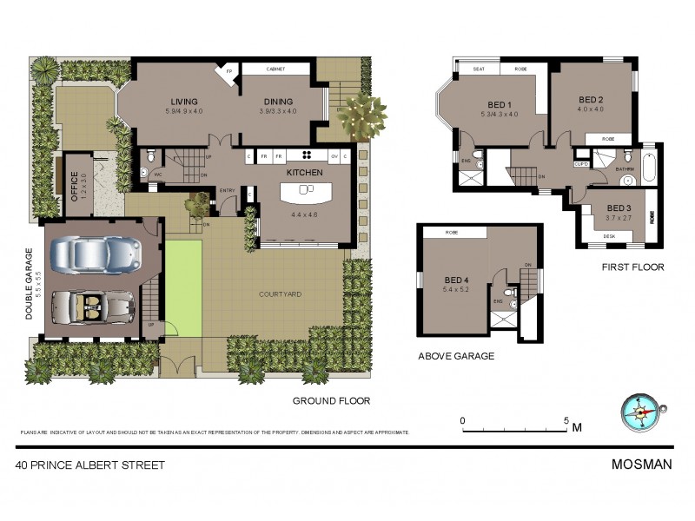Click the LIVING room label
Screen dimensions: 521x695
[x=183, y=102]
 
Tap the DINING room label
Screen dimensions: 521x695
[x=278, y=102]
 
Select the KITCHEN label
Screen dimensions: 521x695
[x=304, y=173]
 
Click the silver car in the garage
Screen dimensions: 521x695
[x=96, y=254]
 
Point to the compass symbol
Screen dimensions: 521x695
[x=640, y=412]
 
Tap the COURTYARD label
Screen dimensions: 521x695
[x=280, y=294]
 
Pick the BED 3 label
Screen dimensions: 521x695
[x=619, y=208]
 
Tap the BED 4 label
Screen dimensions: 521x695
[x=457, y=280]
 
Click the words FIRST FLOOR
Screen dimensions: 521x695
[x=632, y=267]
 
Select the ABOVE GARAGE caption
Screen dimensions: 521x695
[x=456, y=355]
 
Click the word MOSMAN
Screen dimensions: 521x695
[x=642, y=464]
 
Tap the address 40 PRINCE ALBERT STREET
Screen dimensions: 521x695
[x=90, y=465]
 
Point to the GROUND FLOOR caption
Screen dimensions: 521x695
[x=331, y=401]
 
